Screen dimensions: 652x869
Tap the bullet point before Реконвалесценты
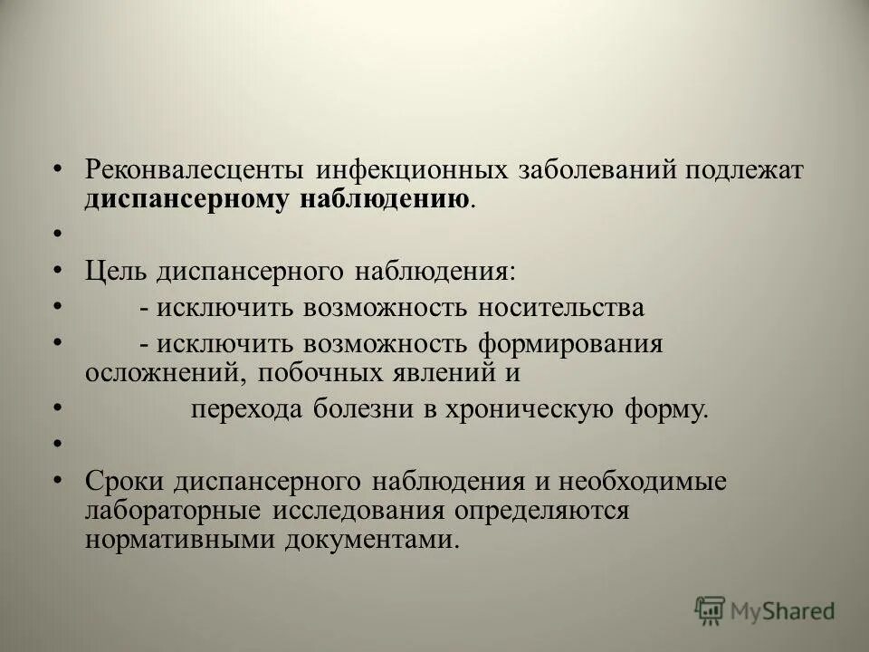pos(58,170)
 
